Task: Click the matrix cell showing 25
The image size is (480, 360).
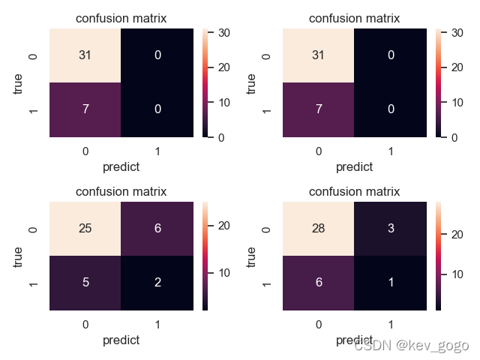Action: pyautogui.click(x=85, y=227)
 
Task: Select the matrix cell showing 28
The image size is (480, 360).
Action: pyautogui.click(x=319, y=227)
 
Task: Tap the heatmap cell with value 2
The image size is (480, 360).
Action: pyautogui.click(x=157, y=282)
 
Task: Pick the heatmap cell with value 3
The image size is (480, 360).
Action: pyautogui.click(x=391, y=227)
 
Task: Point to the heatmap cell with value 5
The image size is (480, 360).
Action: pyautogui.click(x=85, y=282)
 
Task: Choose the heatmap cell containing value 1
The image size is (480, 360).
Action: pyautogui.click(x=391, y=282)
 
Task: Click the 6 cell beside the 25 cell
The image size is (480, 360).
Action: pyautogui.click(x=157, y=227)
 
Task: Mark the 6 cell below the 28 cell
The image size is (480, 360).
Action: pyautogui.click(x=319, y=282)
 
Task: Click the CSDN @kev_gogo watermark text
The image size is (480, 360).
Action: pyautogui.click(x=412, y=346)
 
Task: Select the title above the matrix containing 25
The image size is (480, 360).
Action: pyautogui.click(x=121, y=191)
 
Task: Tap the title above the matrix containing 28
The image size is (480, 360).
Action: pyautogui.click(x=355, y=191)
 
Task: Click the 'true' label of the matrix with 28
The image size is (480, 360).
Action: pyautogui.click(x=251, y=255)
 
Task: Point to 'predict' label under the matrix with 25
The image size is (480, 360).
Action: pyautogui.click(x=121, y=340)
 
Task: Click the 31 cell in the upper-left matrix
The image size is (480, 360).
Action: pyautogui.click(x=85, y=55)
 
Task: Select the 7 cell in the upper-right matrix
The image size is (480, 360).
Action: pyautogui.click(x=319, y=110)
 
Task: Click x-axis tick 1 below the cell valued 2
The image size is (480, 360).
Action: pyautogui.click(x=157, y=323)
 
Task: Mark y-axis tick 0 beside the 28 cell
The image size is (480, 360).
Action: pyautogui.click(x=265, y=228)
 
